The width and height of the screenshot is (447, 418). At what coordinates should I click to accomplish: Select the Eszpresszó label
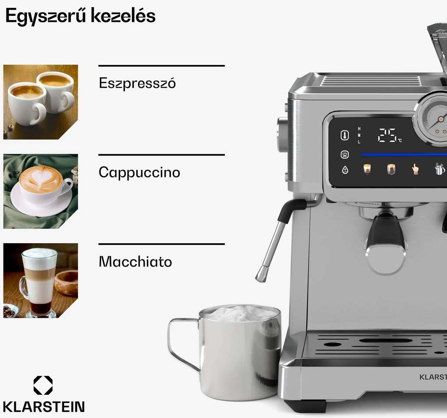click(137, 83)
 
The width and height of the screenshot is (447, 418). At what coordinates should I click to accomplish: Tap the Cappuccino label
click(139, 172)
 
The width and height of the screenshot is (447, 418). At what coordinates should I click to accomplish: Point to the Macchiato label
click(135, 262)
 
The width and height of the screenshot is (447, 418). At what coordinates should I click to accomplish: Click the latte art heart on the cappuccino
click(42, 177)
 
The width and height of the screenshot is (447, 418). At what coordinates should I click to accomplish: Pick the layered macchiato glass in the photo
click(39, 281)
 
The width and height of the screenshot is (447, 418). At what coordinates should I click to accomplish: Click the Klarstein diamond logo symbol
click(43, 385)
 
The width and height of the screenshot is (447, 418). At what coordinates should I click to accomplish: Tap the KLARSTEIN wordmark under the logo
click(43, 406)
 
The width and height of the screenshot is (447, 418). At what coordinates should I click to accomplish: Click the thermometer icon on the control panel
click(345, 135)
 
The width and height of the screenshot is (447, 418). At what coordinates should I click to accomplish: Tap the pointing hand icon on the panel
click(415, 169)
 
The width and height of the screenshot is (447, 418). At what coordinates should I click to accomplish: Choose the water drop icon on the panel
click(345, 169)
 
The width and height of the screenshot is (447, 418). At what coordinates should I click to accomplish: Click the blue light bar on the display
click(403, 154)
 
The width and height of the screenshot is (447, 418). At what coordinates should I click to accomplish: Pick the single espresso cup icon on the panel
click(367, 169)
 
